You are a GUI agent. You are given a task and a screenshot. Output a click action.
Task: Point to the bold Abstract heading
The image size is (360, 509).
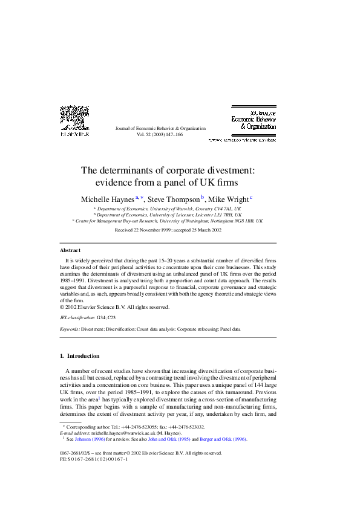(70, 250)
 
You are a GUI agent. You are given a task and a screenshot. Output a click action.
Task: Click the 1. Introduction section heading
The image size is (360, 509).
(80, 356)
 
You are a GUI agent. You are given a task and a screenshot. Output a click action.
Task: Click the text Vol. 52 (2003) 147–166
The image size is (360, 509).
(160, 135)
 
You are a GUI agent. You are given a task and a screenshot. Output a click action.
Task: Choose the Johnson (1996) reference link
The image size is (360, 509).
(89, 439)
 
